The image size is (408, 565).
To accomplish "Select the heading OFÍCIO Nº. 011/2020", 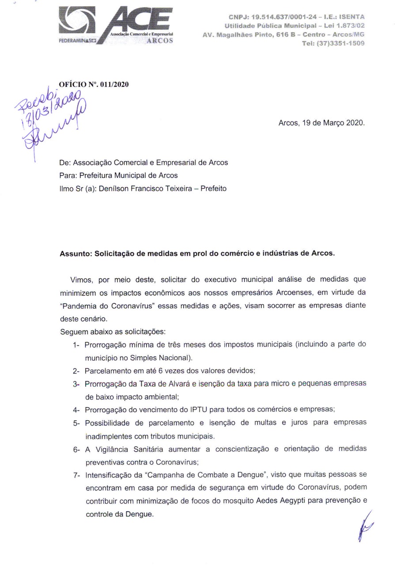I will tap(94, 85).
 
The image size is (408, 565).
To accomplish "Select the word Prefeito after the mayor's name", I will tap(213, 188).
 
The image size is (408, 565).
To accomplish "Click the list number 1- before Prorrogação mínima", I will tap(77, 344).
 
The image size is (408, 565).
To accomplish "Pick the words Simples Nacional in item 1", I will tap(166, 357).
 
